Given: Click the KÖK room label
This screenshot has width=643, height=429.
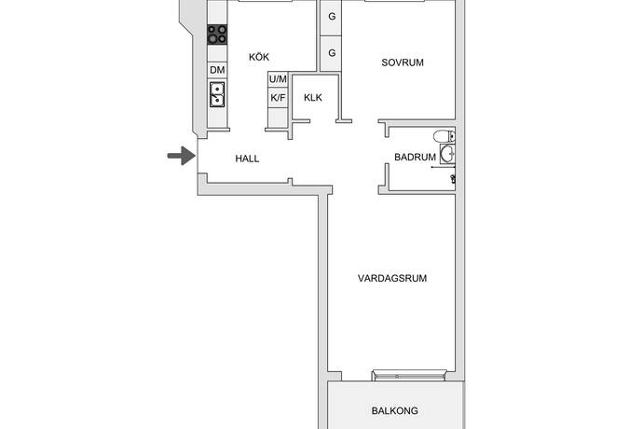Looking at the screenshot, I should point(259,58).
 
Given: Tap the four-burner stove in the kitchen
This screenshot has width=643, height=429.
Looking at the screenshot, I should point(217,35).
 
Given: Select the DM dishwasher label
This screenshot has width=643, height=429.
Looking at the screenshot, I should point(217,70).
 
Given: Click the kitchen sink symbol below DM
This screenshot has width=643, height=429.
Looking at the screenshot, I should point(217,94).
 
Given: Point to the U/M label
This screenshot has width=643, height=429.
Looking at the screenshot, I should point(278,79).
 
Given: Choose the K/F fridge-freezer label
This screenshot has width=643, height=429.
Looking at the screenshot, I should point(278,97).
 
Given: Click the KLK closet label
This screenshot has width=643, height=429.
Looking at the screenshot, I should point(313,97).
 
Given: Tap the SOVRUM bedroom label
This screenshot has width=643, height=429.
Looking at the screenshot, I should point(403,63).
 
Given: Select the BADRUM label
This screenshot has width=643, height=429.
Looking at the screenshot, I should point(415,158).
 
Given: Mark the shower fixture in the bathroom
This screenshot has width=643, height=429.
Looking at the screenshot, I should point(453,177).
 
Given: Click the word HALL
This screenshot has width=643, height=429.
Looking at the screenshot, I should point(247,159).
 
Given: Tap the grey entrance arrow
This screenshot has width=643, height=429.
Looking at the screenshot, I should point(178,157).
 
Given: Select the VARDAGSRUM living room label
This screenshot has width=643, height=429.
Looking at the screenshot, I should point(391,278).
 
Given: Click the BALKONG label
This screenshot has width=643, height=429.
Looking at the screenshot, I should point(394,410).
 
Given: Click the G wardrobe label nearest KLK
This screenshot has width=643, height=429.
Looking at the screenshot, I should point(332,52).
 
